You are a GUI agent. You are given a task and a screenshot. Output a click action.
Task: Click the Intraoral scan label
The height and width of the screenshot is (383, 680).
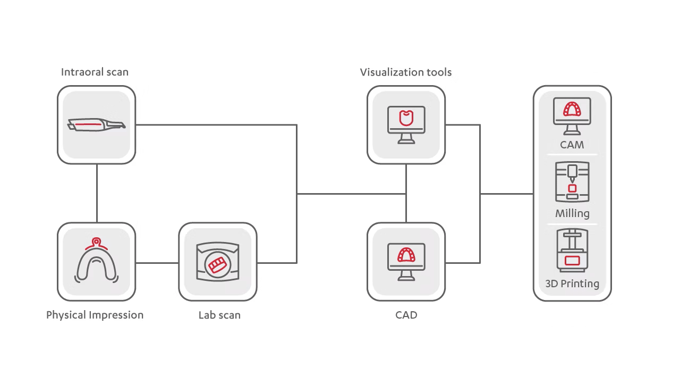point(95,72)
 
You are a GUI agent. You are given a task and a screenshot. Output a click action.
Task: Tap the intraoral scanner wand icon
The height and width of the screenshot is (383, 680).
point(96,125)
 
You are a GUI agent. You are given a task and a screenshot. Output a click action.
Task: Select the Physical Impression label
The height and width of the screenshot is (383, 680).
point(95,315)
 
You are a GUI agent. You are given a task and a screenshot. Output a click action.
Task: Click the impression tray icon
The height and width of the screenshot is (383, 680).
point(96,261)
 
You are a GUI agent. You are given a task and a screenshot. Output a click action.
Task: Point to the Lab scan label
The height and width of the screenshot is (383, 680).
point(219,315)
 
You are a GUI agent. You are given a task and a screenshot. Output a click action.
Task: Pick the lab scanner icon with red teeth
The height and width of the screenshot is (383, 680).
point(217,262)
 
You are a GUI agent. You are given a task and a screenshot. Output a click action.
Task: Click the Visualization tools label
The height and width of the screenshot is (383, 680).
point(406,72)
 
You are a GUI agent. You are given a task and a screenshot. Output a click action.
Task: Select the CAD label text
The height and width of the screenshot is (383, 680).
point(406,315)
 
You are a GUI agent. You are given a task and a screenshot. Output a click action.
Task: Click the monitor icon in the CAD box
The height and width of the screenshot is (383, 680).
point(406,261)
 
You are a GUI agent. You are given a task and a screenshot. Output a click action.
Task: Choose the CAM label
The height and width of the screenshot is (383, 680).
point(572,145)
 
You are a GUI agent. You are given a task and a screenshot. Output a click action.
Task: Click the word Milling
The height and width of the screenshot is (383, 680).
point(572,213)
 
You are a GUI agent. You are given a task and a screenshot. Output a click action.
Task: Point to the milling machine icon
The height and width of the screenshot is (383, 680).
point(572,182)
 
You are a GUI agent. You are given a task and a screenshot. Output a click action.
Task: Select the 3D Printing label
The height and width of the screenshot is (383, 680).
point(572,284)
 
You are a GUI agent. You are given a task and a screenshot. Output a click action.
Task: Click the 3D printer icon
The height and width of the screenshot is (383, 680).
point(572,251)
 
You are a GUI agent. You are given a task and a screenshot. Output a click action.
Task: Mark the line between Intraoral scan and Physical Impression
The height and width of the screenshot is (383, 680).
point(97,193)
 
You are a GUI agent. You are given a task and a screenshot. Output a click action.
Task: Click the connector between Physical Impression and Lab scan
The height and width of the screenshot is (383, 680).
point(157,262)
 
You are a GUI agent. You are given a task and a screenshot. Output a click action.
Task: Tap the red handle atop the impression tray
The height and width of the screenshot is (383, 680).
point(96,242)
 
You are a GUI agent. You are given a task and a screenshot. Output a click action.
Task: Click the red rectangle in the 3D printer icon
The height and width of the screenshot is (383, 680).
point(572,260)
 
